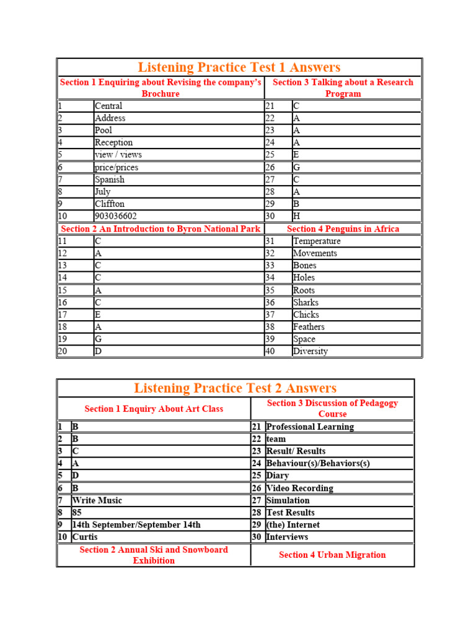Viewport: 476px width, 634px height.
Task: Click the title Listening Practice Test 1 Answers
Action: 239,67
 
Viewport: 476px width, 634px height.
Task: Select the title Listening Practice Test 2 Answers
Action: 235,388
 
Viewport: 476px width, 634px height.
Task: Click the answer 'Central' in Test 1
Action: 108,106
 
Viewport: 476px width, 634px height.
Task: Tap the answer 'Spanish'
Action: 110,180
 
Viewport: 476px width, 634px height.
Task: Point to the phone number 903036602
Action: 116,216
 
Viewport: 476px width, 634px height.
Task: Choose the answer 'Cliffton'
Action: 110,204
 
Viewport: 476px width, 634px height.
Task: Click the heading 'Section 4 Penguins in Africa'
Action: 343,228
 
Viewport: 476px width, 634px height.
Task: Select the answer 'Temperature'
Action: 317,241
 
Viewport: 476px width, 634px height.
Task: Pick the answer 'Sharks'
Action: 306,302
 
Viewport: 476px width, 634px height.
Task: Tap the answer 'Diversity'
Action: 311,351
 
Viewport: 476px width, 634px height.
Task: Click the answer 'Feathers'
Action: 309,327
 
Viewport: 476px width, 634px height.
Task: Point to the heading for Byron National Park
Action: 161,228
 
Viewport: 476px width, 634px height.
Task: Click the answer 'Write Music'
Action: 97,500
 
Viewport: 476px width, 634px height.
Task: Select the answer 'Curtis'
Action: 85,537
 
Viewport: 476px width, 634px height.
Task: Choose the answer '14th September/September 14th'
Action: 136,524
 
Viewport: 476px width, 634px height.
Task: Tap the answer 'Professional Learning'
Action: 310,427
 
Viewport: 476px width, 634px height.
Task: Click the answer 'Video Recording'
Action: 299,488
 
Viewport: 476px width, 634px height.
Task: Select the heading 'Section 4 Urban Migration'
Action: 332,555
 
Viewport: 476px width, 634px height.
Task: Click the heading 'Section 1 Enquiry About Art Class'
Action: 154,409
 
